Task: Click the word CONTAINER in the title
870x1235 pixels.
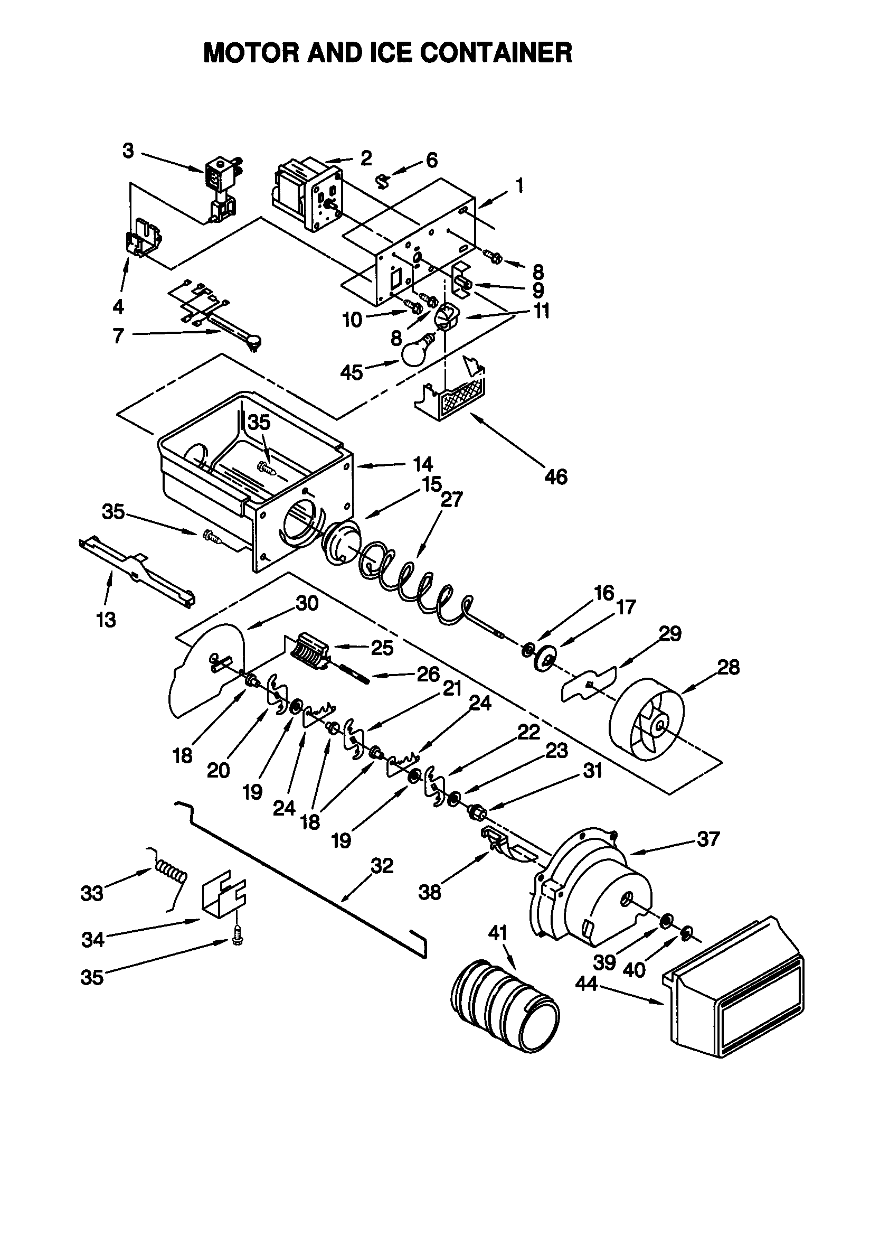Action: (496, 53)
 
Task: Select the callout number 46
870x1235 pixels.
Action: (555, 476)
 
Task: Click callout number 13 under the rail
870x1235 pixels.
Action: (106, 620)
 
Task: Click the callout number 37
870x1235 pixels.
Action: (707, 839)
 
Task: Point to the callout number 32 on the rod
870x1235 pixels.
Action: (382, 866)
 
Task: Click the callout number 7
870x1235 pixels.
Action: (118, 335)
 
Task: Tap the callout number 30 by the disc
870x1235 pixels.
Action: (307, 604)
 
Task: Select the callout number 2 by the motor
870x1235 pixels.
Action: (366, 158)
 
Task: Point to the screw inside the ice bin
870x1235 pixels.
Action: (267, 467)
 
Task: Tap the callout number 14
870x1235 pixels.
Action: (423, 464)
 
